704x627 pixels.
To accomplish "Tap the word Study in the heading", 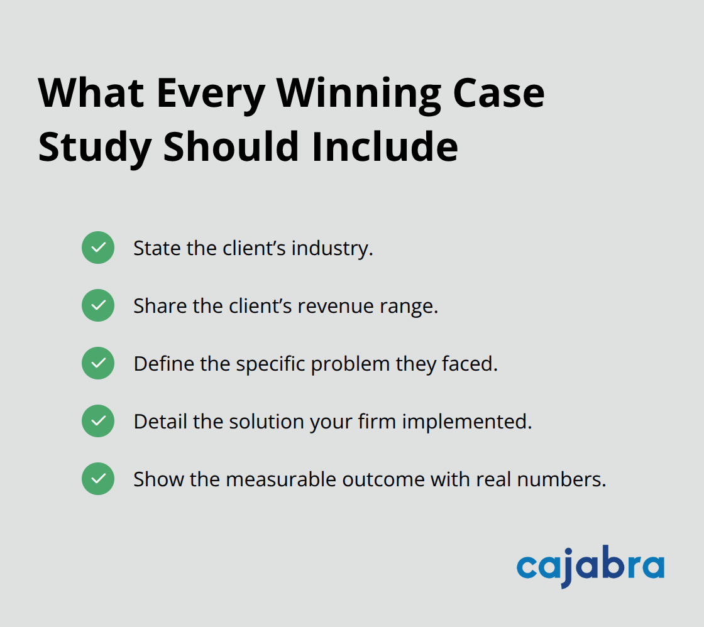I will tap(94, 147).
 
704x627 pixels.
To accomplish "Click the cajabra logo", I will tap(590, 566).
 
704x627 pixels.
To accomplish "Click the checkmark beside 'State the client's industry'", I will tap(98, 248).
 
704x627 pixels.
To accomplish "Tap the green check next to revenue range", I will tap(98, 305).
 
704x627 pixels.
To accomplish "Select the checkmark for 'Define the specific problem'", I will tap(98, 363).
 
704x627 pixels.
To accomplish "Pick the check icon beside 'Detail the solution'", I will tap(98, 421).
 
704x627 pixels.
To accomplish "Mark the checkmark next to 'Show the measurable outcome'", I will tap(98, 479).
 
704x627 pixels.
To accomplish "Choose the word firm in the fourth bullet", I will tap(377, 422).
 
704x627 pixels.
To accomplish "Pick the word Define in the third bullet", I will tap(160, 364).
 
